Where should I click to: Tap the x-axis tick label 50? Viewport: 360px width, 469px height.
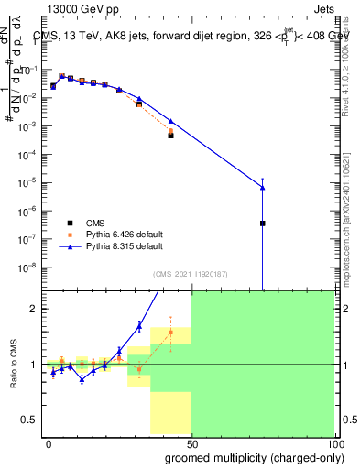(191, 443)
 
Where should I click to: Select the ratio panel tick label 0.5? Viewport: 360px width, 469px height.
(31, 420)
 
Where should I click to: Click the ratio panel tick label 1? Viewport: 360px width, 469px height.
(34, 365)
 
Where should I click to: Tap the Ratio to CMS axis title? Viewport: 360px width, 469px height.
(15, 364)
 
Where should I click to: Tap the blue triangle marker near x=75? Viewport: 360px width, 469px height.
(263, 188)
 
